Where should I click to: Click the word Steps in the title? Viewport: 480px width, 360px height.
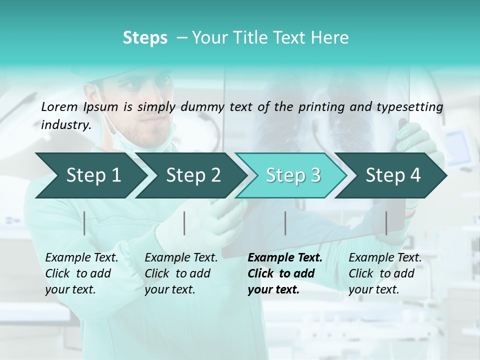coord(145,38)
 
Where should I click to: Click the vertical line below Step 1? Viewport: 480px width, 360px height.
coord(84,223)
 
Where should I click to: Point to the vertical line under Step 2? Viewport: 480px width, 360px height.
coord(184,223)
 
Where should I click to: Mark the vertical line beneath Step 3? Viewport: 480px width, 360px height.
coord(285,223)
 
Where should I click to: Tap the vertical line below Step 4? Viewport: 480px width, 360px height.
coord(386,223)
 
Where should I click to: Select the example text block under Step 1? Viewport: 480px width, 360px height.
coord(81,273)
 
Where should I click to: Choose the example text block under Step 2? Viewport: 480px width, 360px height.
coord(181,273)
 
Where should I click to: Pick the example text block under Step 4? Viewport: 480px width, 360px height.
coord(385,273)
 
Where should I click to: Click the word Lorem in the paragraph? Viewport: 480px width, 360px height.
coord(59,106)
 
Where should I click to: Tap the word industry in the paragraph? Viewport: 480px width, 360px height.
coord(65,124)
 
